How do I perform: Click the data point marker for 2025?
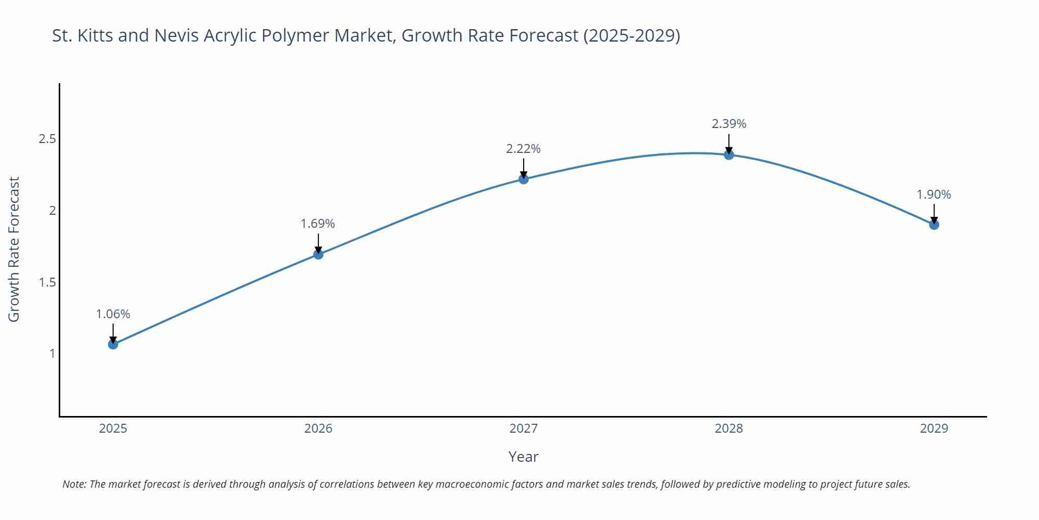[113, 344]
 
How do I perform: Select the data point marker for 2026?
[318, 254]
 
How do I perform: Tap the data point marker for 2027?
[524, 179]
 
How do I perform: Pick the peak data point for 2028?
[729, 154]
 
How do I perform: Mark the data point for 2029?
[934, 225]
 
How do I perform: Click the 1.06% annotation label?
[113, 314]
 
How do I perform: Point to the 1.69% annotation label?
[318, 224]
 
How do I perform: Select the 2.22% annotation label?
[523, 149]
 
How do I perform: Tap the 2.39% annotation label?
[729, 124]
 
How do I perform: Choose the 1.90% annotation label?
[934, 194]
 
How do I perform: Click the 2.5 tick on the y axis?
[47, 139]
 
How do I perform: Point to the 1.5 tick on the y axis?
[47, 282]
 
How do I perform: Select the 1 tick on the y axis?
[52, 354]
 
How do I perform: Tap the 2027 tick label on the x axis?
[524, 428]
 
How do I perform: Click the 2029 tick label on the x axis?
[934, 428]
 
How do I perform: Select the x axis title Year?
[523, 457]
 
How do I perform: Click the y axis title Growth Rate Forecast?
[14, 249]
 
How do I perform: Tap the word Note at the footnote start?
[74, 484]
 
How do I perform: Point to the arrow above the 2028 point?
[729, 143]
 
